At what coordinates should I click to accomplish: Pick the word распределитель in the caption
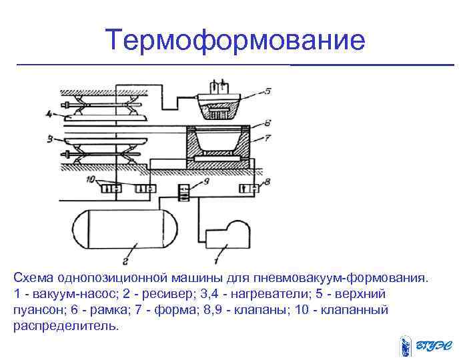65,327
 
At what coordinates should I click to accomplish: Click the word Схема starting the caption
33,277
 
